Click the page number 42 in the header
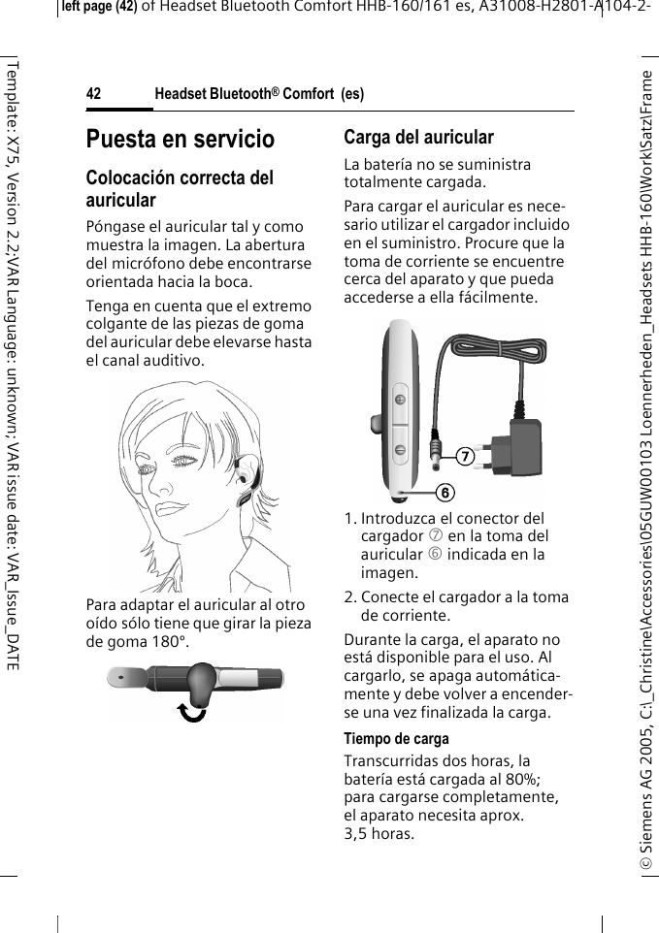pos(94,94)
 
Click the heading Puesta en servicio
pos(181,139)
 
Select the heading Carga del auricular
pos(418,138)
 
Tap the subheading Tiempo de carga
pos(396,739)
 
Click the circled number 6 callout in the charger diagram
pos(444,492)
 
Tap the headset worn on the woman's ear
pos(247,486)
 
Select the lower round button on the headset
pos(400,448)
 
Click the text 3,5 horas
pos(378,833)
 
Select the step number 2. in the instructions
pos(351,597)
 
